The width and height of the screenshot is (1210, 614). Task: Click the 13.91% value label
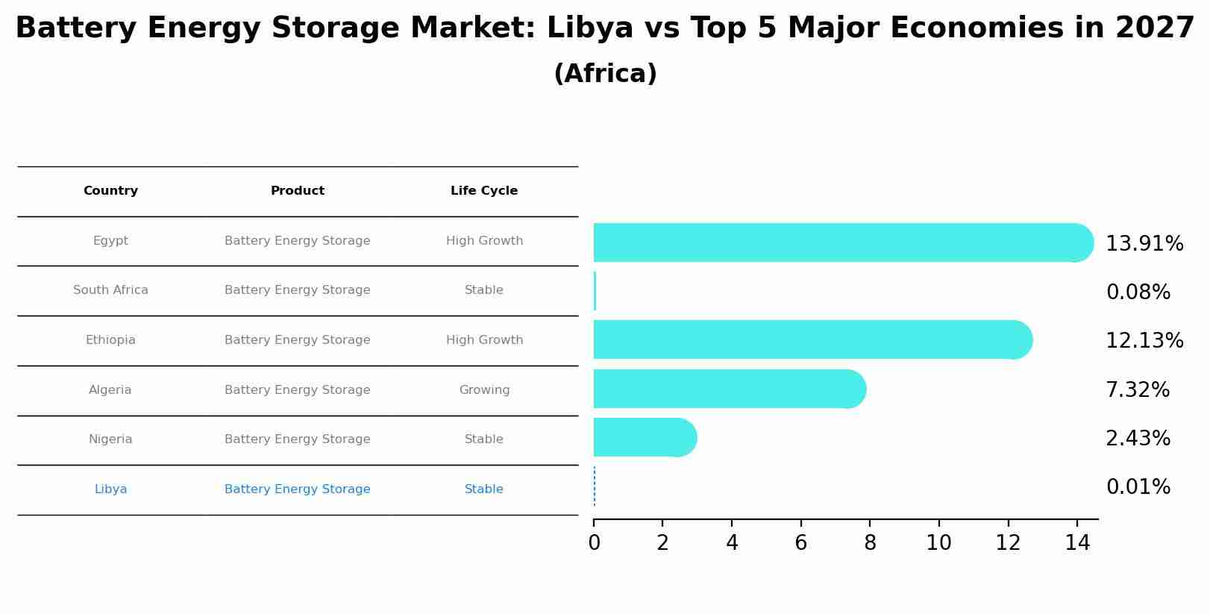pyautogui.click(x=1144, y=244)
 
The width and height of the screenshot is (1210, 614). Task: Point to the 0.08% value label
pyautogui.click(x=1138, y=292)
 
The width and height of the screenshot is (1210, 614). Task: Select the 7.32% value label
pyautogui.click(x=1137, y=389)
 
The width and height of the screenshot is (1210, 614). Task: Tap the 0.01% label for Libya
pyautogui.click(x=1138, y=487)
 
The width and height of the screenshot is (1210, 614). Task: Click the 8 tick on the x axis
pyautogui.click(x=870, y=543)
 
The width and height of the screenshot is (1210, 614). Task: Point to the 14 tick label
pyautogui.click(x=1077, y=543)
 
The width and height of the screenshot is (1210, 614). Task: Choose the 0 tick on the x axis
pyautogui.click(x=594, y=543)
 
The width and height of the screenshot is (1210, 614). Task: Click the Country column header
pyautogui.click(x=110, y=191)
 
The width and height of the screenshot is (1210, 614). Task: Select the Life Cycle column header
pyautogui.click(x=483, y=191)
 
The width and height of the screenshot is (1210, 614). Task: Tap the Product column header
pyautogui.click(x=297, y=191)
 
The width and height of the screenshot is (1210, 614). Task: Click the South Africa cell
pyautogui.click(x=110, y=290)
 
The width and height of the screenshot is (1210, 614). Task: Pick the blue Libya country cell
pyautogui.click(x=110, y=489)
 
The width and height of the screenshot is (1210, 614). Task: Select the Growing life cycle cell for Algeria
pyautogui.click(x=484, y=390)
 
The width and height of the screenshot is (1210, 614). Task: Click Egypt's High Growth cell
pyautogui.click(x=484, y=241)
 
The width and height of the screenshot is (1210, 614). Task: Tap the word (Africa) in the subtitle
pyautogui.click(x=605, y=74)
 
